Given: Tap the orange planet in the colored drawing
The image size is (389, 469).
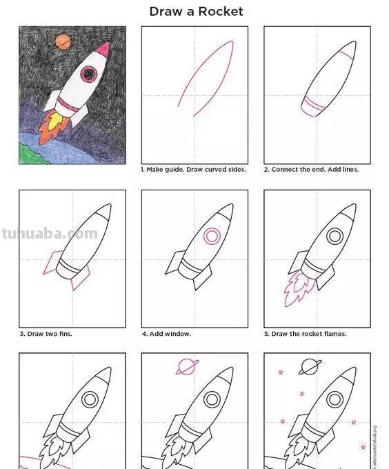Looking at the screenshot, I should pyautogui.click(x=63, y=41).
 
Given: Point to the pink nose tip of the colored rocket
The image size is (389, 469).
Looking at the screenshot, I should pyautogui.click(x=105, y=48).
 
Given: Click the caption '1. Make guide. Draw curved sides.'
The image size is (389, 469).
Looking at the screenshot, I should pyautogui.click(x=193, y=170).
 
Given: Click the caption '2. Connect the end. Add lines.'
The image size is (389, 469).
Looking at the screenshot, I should pyautogui.click(x=311, y=170).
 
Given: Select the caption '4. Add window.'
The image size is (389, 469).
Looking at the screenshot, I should pyautogui.click(x=166, y=334).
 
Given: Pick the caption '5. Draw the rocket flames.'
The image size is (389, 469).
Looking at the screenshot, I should pyautogui.click(x=305, y=334).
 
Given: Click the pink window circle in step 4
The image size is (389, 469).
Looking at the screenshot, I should pyautogui.click(x=212, y=237).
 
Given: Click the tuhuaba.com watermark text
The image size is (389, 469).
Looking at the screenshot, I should pyautogui.click(x=50, y=234).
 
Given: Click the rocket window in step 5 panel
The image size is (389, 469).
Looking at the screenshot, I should pyautogui.click(x=335, y=237).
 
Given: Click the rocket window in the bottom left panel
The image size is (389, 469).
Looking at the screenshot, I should pyautogui.click(x=90, y=399).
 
